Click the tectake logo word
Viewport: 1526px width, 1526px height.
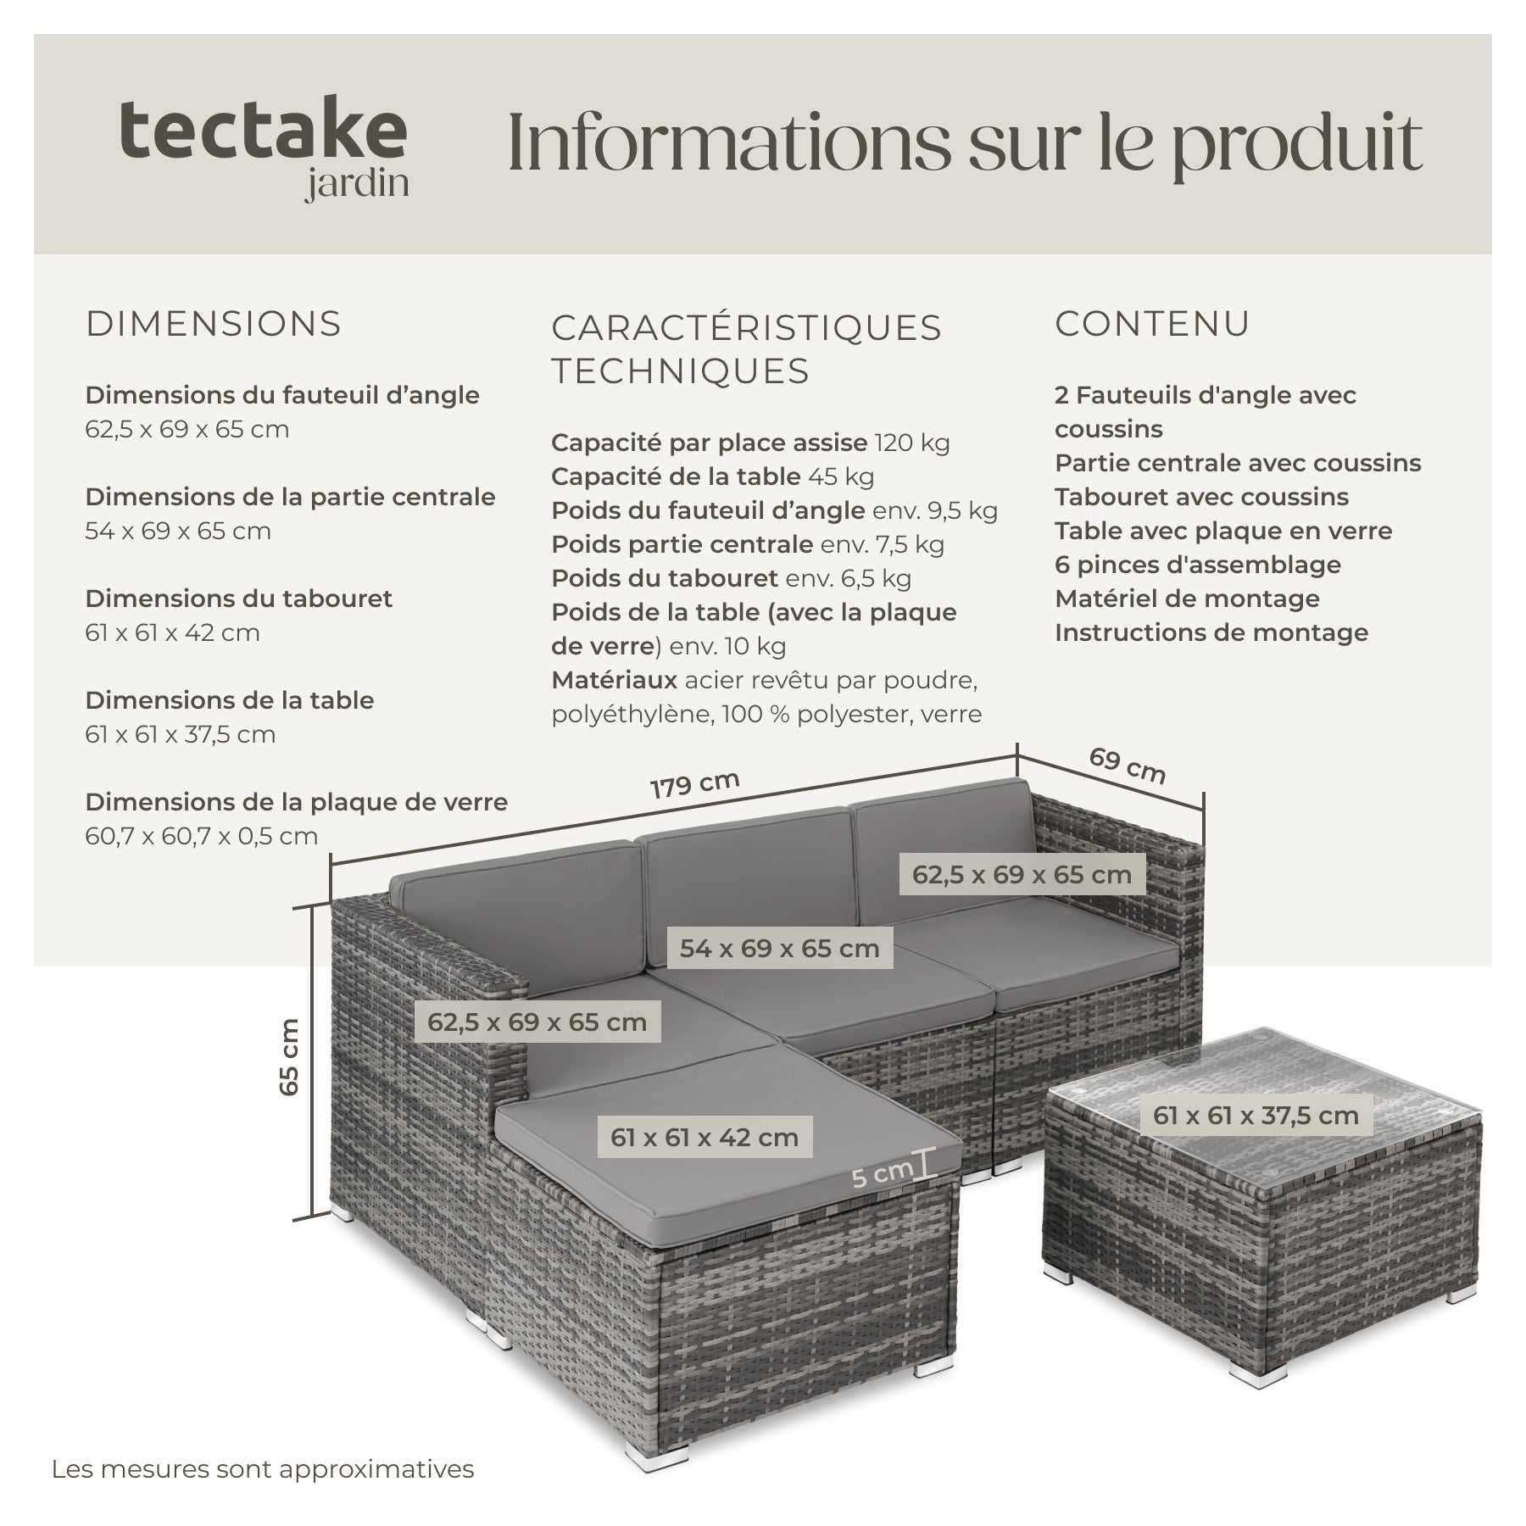(263, 130)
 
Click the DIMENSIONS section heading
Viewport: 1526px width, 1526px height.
(214, 324)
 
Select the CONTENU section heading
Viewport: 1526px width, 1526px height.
(1152, 324)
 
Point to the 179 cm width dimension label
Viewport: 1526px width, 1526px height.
(695, 784)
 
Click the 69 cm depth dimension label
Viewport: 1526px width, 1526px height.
(1127, 766)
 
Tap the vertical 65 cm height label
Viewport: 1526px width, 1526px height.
(289, 1056)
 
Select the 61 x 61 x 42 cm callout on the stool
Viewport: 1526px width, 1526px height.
(705, 1138)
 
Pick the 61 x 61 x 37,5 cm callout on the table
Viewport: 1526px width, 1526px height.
(1256, 1116)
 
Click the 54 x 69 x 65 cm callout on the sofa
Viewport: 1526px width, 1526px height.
(780, 948)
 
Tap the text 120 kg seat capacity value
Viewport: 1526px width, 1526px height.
(912, 443)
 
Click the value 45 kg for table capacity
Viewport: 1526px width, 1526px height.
(841, 476)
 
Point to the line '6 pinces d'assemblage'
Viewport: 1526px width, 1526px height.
(1198, 565)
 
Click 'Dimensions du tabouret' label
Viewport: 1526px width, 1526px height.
(239, 599)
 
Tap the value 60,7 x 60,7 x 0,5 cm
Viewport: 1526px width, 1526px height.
(202, 836)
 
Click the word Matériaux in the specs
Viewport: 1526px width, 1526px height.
(615, 680)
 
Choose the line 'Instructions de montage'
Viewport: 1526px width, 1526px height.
(1211, 632)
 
